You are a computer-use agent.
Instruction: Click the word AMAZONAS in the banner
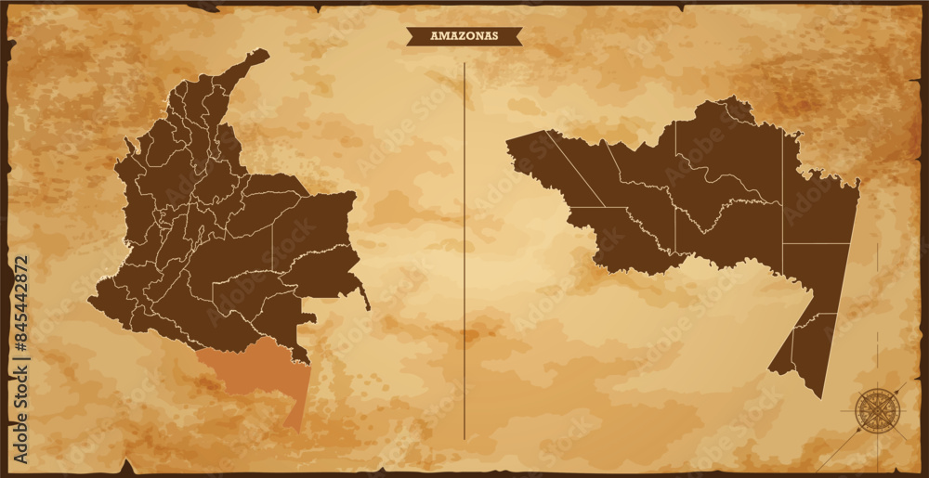pos(464,36)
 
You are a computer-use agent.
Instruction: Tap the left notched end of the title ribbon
pos(410,36)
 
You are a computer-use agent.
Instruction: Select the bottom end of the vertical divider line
pos(464,437)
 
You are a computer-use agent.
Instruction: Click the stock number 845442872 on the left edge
pos(21,307)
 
